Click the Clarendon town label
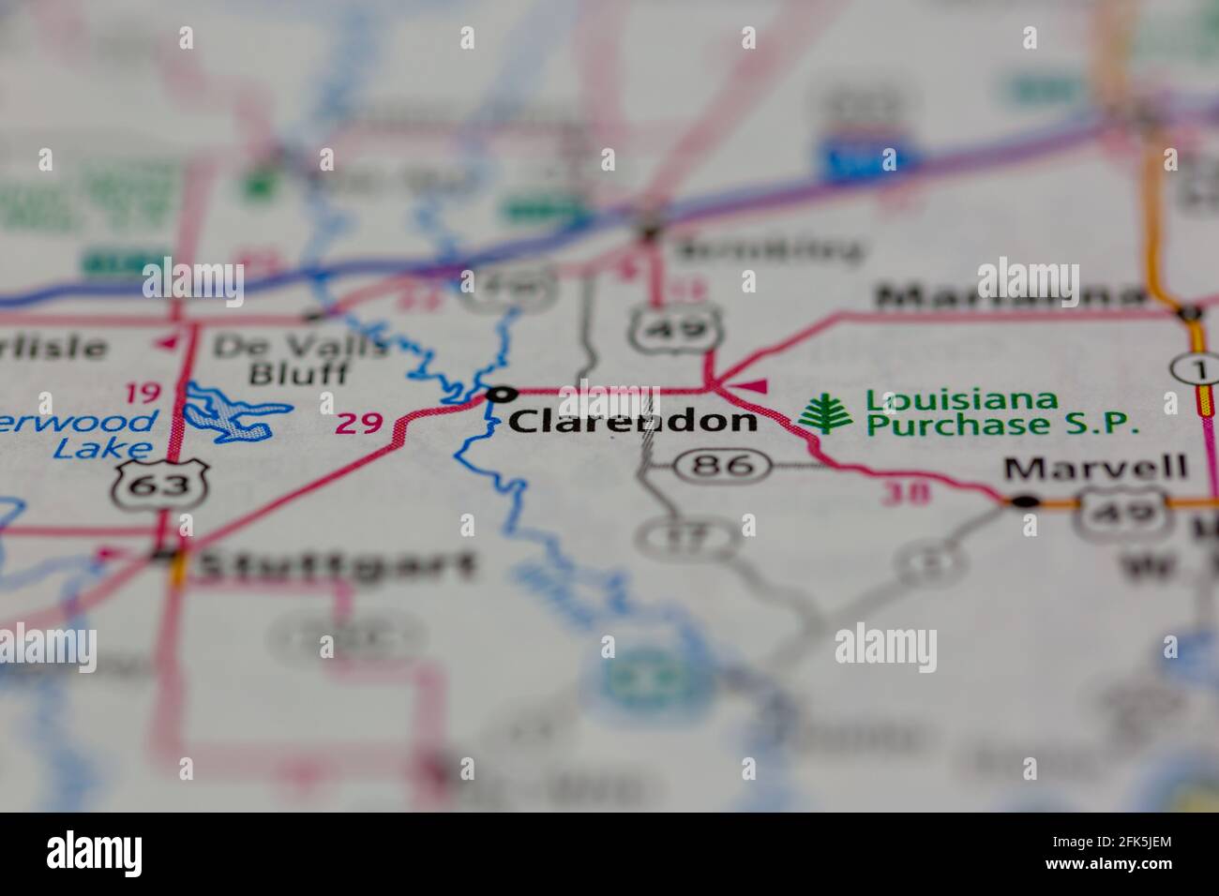[x=632, y=421]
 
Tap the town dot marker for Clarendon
[x=504, y=394]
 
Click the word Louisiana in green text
[x=961, y=400]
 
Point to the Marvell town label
[x=1095, y=467]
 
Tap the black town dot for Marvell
[x=1026, y=501]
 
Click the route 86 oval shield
[x=724, y=465]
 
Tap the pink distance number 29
[x=359, y=424]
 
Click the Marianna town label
[x=1009, y=297]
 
